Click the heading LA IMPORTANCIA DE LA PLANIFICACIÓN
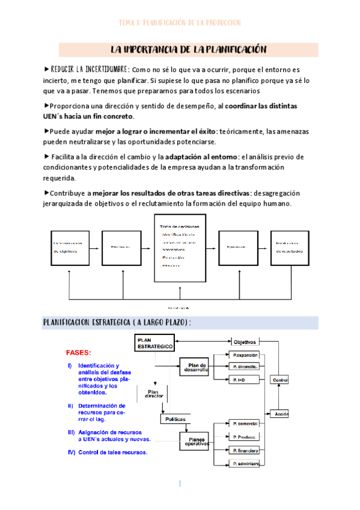(189, 49)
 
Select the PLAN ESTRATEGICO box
(154, 343)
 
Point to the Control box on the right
(279, 380)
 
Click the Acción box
(279, 414)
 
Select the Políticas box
(175, 418)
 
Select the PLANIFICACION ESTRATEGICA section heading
(117, 322)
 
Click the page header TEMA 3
(180, 23)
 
